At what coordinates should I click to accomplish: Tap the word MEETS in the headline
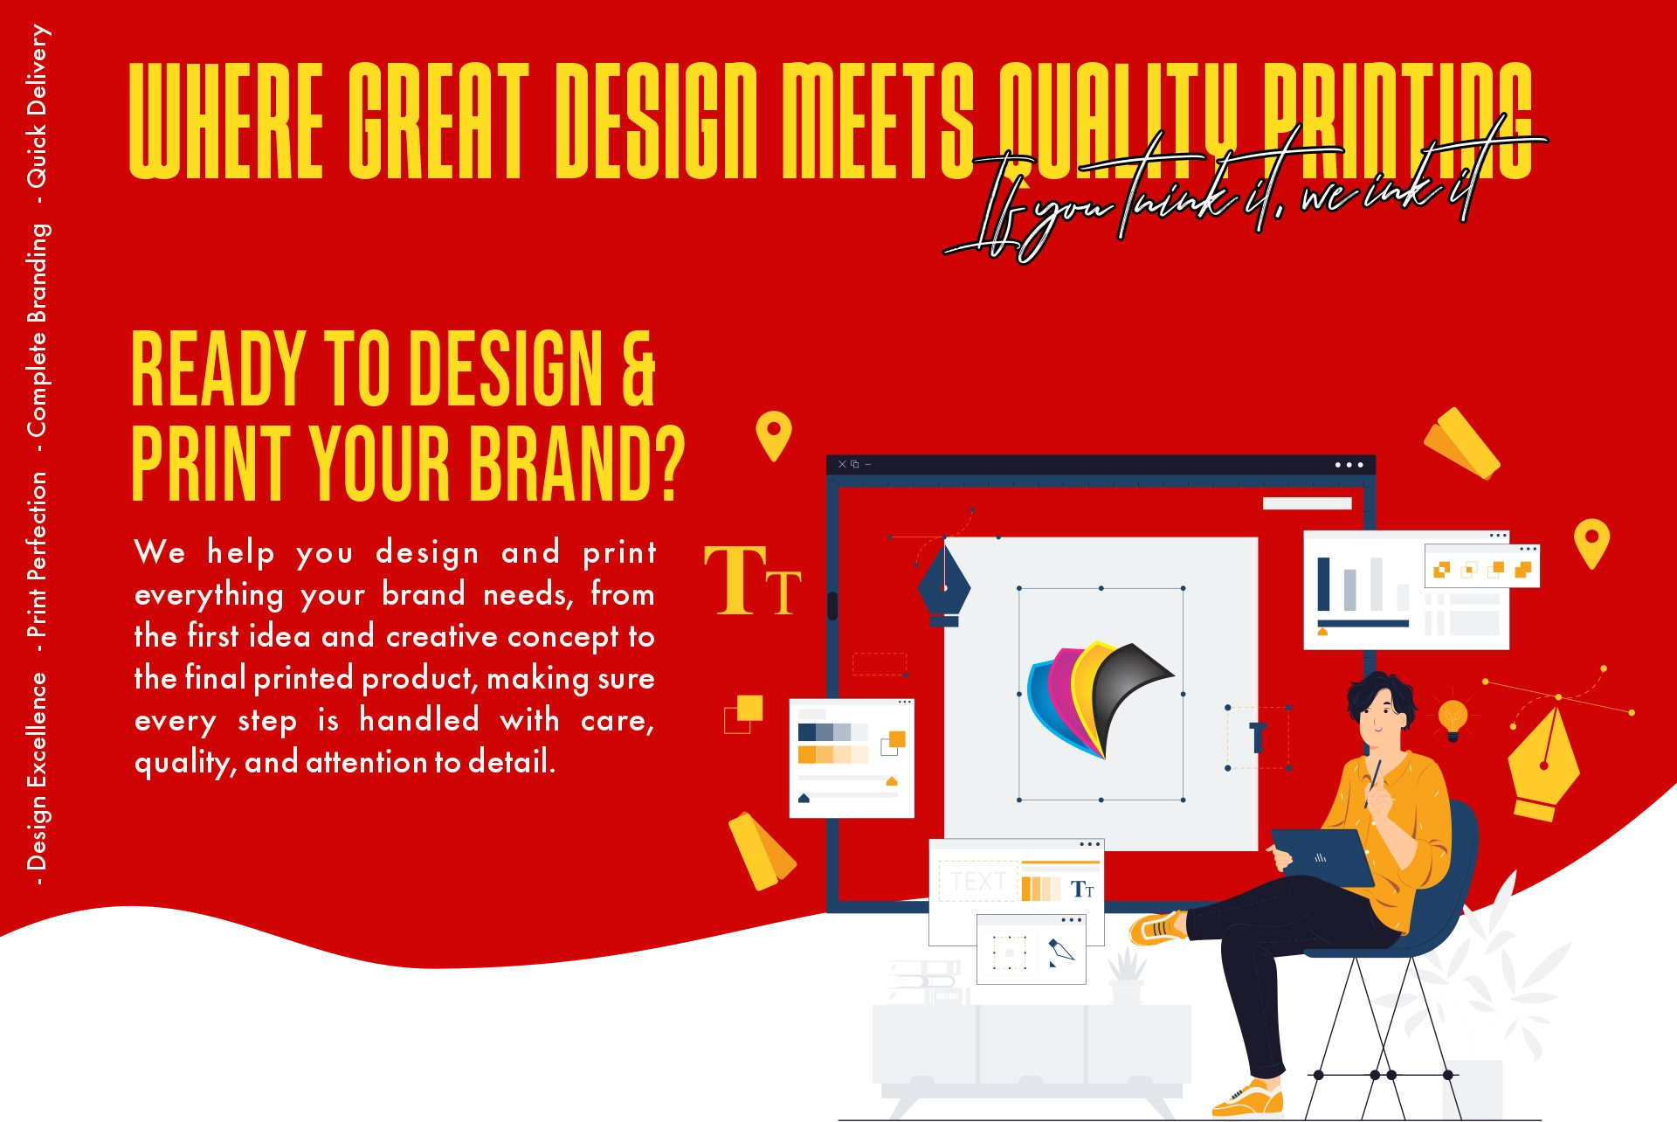point(878,121)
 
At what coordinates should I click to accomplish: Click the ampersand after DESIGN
point(638,369)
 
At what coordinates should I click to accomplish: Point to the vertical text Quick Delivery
point(37,106)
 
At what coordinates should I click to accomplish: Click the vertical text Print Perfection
point(37,555)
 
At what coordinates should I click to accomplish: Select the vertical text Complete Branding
point(37,330)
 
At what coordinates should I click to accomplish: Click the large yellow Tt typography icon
point(753,579)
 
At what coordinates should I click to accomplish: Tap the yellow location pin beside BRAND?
point(773,435)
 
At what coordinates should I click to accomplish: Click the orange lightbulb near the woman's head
point(1453,719)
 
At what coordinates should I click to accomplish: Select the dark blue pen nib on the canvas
point(944,583)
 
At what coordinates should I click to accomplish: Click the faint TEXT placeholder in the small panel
point(978,881)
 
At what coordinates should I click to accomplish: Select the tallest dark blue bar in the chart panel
point(1323,584)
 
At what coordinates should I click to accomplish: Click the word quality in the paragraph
point(181,762)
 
